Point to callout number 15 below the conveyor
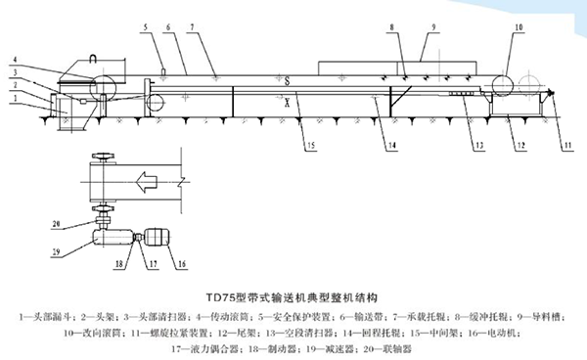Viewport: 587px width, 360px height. coord(311,146)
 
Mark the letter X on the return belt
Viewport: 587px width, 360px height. coord(286,98)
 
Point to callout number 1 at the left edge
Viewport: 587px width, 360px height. coord(15,100)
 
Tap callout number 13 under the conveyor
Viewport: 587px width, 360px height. coord(478,146)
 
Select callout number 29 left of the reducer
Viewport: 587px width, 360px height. coord(56,254)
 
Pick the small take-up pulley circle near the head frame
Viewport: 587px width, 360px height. coord(152,102)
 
